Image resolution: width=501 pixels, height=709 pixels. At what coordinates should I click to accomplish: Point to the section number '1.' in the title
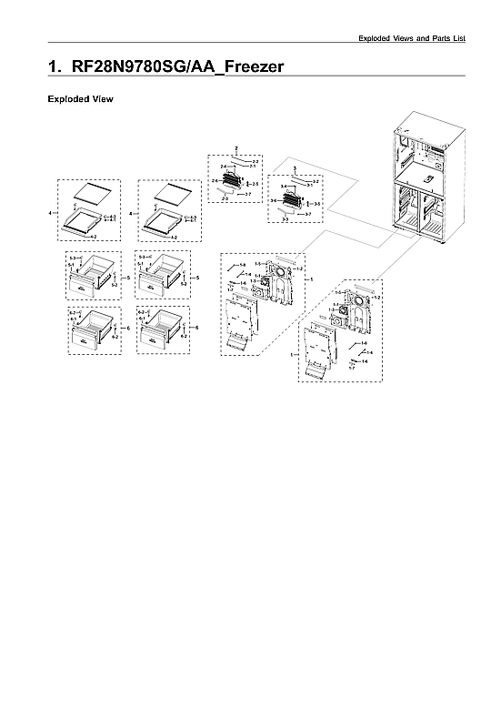54,67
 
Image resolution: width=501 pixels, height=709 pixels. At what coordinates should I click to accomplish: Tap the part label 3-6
272,200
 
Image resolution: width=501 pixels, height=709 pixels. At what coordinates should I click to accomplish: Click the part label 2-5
255,185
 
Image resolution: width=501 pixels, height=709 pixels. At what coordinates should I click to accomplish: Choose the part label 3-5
316,204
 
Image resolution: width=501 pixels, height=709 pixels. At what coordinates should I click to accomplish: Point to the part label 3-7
308,213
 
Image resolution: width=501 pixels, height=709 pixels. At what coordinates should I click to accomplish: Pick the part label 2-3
224,198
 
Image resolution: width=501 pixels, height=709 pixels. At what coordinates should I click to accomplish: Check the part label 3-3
285,219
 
